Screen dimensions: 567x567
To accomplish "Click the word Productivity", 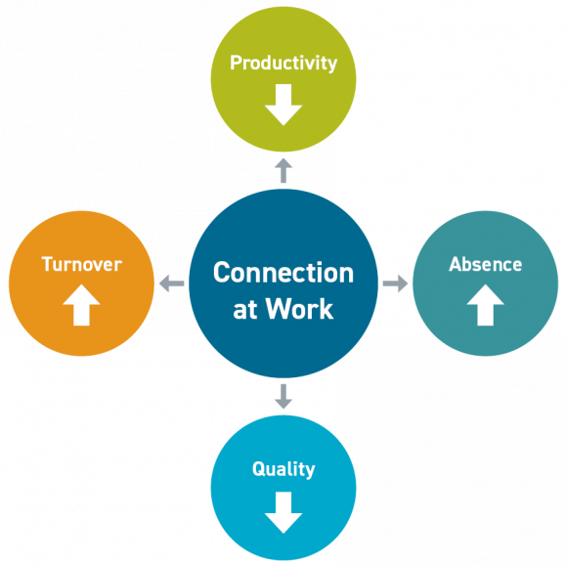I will point(283,64).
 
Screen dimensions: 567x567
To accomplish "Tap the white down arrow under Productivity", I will point(283,104).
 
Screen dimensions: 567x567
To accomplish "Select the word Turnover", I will point(81,264).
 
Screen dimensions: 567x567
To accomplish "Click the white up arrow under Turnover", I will point(81,305).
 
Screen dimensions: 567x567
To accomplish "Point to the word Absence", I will point(485,264).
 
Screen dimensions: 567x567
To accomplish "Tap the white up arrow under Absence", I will point(485,305).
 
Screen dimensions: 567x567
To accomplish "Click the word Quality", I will point(283,469).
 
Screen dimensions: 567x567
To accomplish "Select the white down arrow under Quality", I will point(283,510).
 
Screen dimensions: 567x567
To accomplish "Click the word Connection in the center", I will point(283,272).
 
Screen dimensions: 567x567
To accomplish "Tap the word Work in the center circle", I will point(300,310).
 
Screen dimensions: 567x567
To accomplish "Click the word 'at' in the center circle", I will point(245,310).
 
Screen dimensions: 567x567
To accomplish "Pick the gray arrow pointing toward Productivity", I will point(283,171).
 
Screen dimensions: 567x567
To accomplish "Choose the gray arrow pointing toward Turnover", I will point(172,283).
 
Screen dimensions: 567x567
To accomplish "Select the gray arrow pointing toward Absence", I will point(395,283).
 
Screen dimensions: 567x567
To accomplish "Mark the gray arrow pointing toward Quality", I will point(283,395).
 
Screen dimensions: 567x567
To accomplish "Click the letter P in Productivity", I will point(236,64).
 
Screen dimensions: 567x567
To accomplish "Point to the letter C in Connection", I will point(222,272).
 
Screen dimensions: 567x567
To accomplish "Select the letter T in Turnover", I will point(47,264).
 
